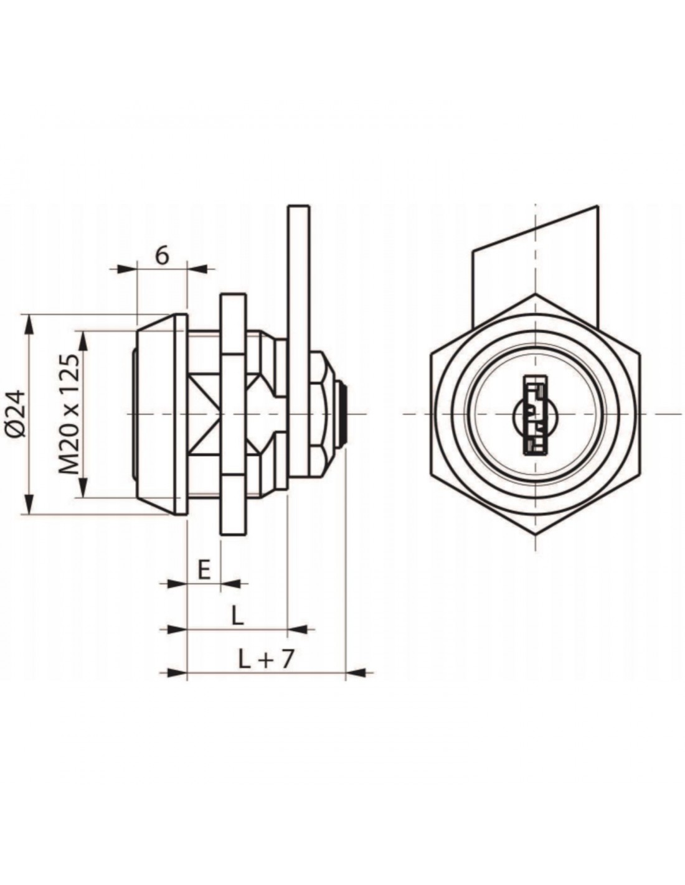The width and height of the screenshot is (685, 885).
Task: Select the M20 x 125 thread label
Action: [68, 415]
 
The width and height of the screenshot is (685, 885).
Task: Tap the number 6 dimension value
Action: [162, 256]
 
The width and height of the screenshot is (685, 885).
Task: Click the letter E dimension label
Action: [204, 571]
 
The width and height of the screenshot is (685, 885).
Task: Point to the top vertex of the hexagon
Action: [535, 293]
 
